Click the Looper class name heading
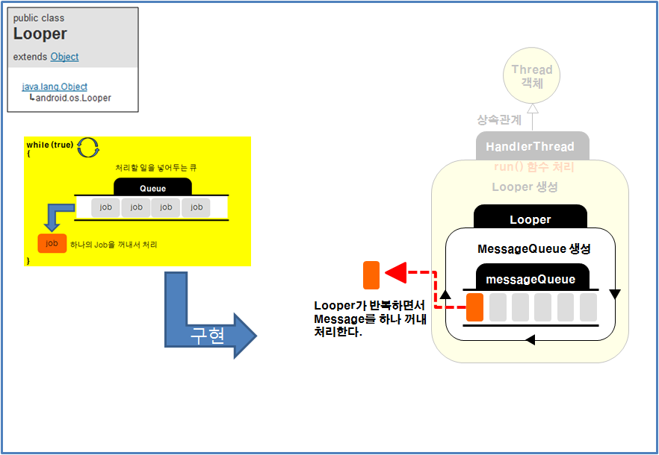click(40, 34)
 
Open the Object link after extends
click(64, 57)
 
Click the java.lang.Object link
click(55, 87)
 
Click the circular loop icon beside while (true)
click(88, 147)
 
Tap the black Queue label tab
click(152, 188)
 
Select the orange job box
click(52, 243)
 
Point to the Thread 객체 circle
click(532, 76)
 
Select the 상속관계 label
click(499, 119)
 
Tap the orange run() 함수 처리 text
click(534, 167)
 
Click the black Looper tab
click(530, 219)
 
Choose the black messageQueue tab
click(530, 279)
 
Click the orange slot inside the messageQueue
click(474, 307)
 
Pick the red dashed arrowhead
click(396, 272)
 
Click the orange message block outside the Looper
click(371, 275)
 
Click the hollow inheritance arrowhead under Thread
click(532, 108)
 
